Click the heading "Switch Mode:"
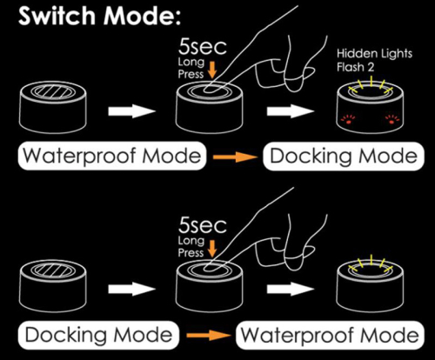pyautogui.click(x=99, y=16)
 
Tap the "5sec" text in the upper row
pyautogui.click(x=202, y=47)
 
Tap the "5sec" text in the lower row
pyautogui.click(x=202, y=225)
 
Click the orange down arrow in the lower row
pyautogui.click(x=212, y=248)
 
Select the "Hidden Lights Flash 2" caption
pyautogui.click(x=374, y=60)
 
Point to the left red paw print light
pyautogui.click(x=348, y=119)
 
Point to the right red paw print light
pyautogui.click(x=392, y=119)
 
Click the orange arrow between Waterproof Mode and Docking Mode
pyautogui.click(x=235, y=157)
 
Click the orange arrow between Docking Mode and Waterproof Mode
pyautogui.click(x=209, y=336)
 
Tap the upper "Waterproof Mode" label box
pyautogui.click(x=112, y=156)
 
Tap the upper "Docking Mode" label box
pyautogui.click(x=344, y=156)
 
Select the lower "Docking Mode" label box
pyautogui.click(x=98, y=335)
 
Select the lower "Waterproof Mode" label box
pyautogui.click(x=330, y=335)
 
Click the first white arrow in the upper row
pyautogui.click(x=132, y=111)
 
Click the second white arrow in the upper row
pyautogui.click(x=291, y=111)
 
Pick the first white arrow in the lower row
pyautogui.click(x=132, y=289)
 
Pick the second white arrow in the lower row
pyautogui.click(x=291, y=289)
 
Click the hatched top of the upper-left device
pyautogui.click(x=54, y=91)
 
